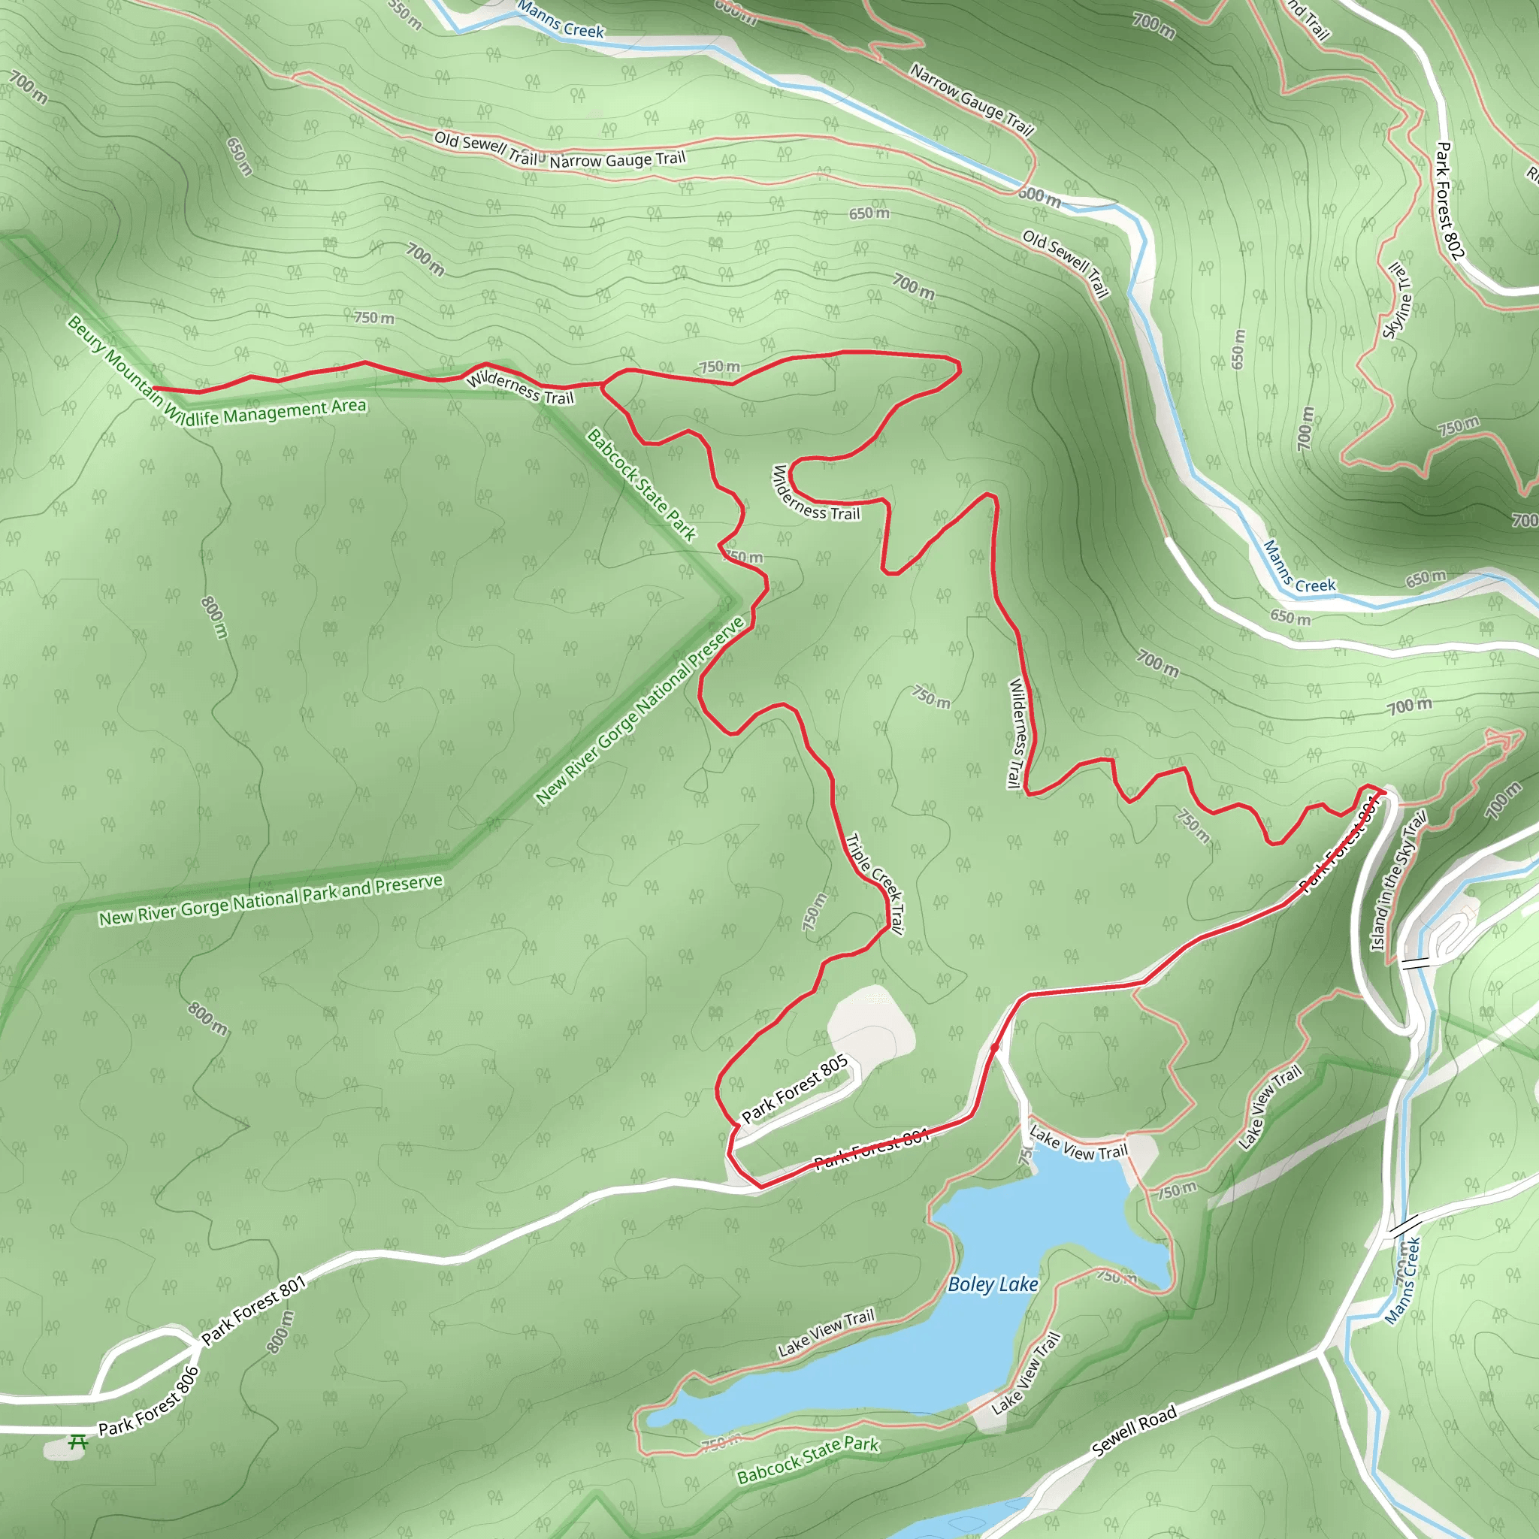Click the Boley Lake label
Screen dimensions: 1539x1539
pos(993,1284)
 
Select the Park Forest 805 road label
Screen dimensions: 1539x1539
pos(794,1088)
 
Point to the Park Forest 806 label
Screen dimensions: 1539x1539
pos(148,1401)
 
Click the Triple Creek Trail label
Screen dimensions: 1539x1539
pos(875,884)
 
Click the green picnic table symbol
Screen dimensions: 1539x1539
pos(77,1442)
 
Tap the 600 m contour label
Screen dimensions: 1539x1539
pos(1039,196)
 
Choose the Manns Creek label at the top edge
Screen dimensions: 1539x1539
pos(560,21)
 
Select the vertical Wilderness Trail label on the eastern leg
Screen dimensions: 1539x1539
pos(1018,733)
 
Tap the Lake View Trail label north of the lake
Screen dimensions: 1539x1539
pos(1078,1143)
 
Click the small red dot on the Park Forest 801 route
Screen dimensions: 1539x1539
pos(994,1048)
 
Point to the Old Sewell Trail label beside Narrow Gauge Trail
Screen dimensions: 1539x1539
pos(485,148)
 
